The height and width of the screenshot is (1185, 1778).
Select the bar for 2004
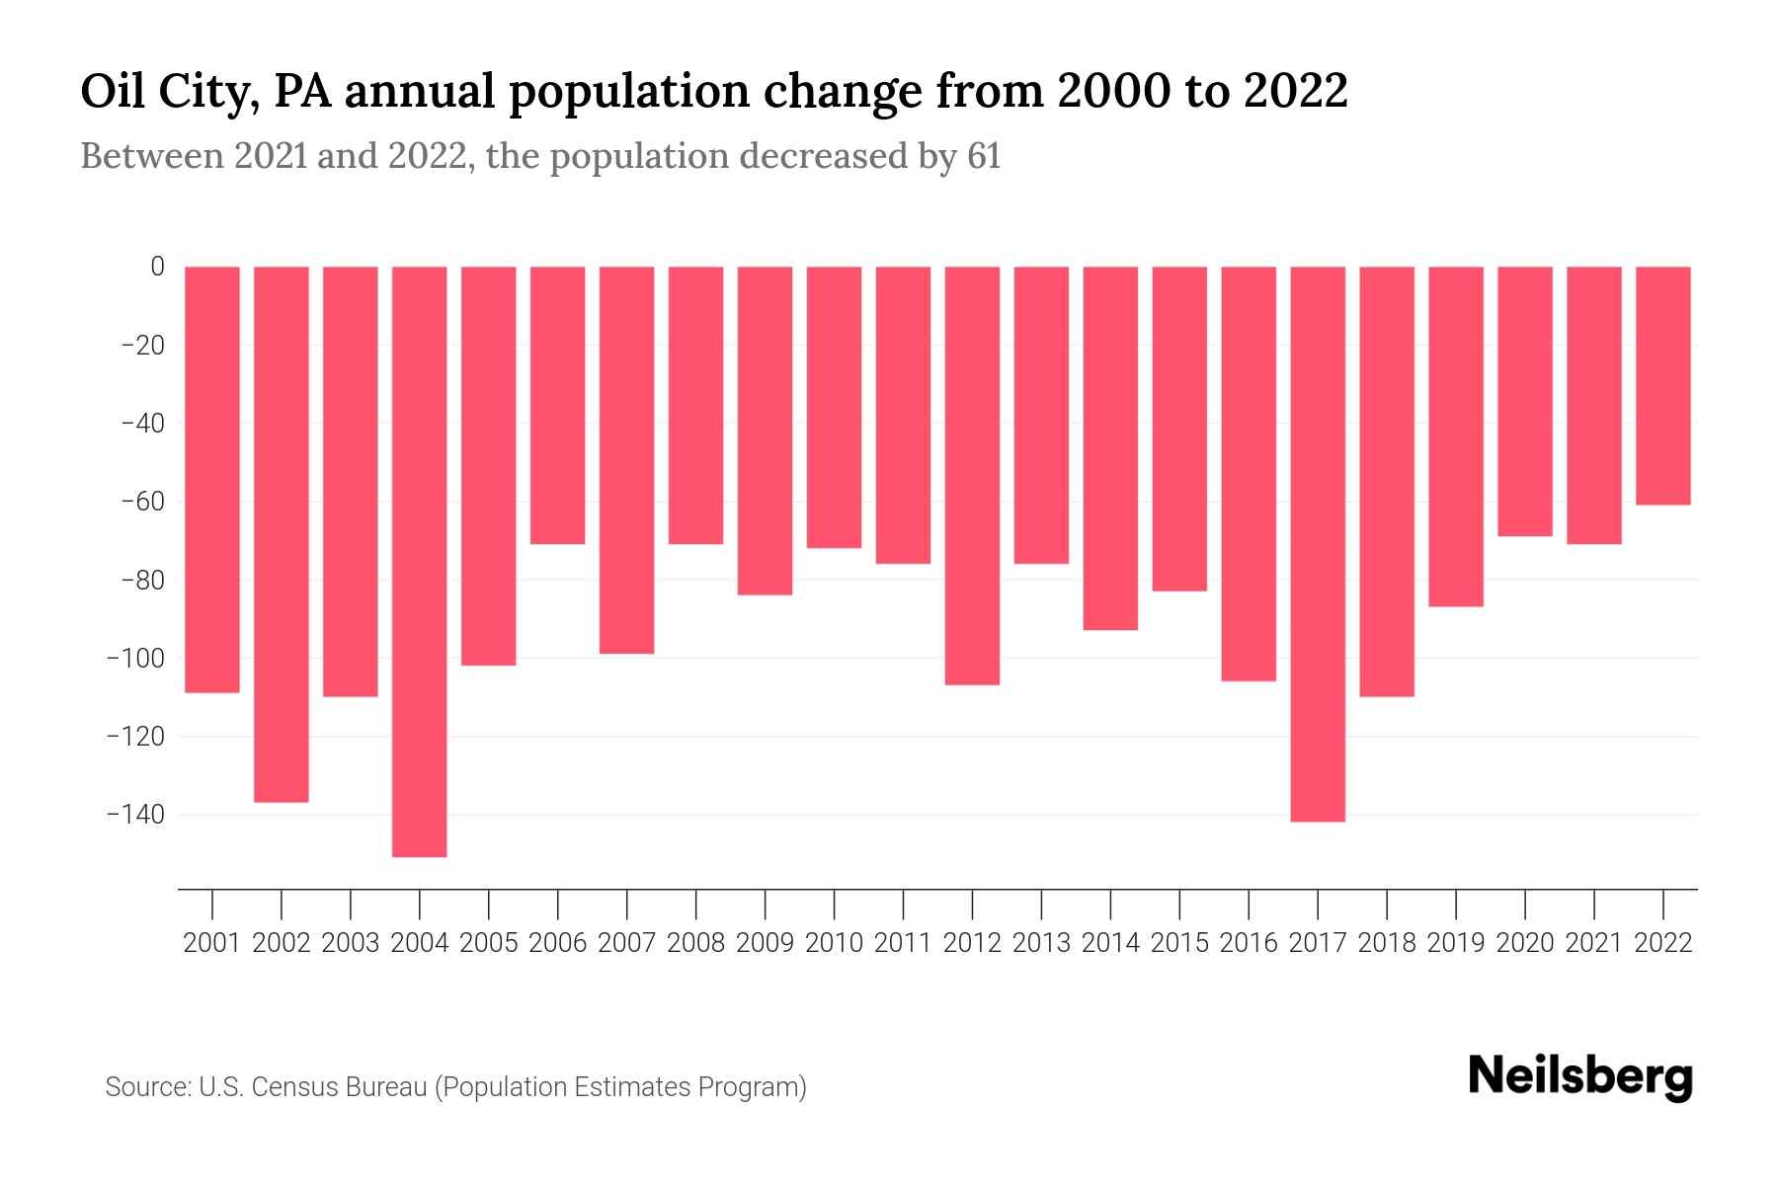point(419,561)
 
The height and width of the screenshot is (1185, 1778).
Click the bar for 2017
point(1318,543)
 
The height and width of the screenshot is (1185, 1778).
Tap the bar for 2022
point(1663,385)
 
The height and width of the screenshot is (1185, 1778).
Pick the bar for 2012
point(972,475)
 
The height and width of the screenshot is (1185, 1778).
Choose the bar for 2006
point(557,405)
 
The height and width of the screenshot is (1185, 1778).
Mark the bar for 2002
point(282,533)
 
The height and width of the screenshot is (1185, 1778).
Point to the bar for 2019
point(1456,435)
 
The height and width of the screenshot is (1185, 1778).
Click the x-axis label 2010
point(834,943)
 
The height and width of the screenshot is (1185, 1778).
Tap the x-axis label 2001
point(212,943)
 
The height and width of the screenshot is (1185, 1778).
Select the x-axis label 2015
point(1179,943)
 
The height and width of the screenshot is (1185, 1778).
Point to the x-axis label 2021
point(1593,943)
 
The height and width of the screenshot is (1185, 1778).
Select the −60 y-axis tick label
point(142,502)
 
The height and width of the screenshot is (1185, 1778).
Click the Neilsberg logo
point(1580,1076)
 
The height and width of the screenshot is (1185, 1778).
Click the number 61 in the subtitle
point(984,156)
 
